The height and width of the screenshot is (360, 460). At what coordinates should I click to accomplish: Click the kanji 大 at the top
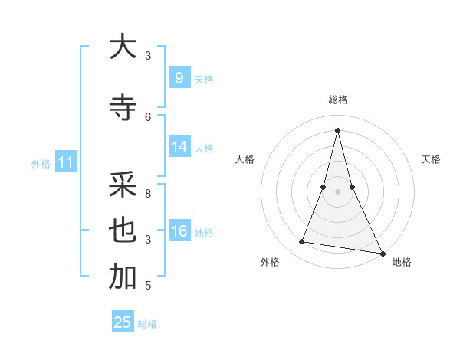pos(123,47)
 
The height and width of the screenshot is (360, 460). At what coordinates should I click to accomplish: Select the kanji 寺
pos(123,108)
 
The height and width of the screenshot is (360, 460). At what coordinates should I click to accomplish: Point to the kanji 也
pos(123,231)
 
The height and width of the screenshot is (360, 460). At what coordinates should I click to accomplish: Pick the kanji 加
pos(123,278)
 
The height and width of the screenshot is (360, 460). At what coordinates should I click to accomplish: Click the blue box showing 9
pos(179,78)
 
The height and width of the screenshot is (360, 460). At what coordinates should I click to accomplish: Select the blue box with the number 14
pos(179,148)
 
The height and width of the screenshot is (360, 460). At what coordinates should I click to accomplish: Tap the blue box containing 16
pos(179,232)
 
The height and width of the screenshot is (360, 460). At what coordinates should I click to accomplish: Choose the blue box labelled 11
pos(65,162)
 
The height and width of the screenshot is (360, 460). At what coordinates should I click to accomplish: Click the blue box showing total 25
pos(123,322)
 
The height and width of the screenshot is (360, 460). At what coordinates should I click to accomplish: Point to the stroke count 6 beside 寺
pos(148,116)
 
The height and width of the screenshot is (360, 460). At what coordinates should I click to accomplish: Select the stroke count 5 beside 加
pos(148,286)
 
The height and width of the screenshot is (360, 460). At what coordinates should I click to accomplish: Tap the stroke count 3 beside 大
pos(148,55)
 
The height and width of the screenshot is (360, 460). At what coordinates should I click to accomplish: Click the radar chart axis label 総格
pos(337,100)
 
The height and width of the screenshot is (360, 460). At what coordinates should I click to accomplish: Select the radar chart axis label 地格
pos(402,262)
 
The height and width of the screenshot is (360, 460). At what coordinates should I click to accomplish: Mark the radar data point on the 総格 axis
pos(337,129)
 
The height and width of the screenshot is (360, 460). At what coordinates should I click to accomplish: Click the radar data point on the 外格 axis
pos(302,242)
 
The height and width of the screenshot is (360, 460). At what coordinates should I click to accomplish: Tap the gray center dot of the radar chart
pos(337,191)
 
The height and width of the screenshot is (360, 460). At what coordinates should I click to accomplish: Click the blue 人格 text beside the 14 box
pos(204,149)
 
